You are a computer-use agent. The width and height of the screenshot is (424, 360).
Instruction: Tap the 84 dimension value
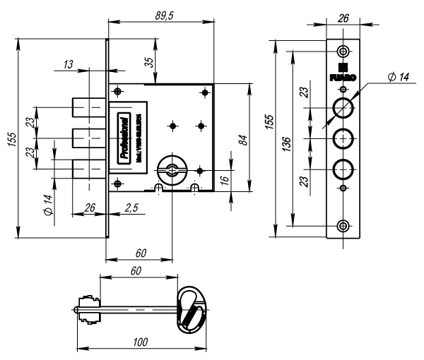click(x=242, y=139)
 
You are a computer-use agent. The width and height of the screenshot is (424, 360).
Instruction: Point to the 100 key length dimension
click(x=140, y=342)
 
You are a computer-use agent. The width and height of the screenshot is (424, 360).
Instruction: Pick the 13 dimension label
click(x=69, y=64)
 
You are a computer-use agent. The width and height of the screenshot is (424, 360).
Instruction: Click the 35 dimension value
click(x=149, y=62)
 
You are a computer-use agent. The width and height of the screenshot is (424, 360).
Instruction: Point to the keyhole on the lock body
click(x=172, y=168)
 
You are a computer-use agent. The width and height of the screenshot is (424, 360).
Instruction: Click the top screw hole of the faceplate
click(x=343, y=52)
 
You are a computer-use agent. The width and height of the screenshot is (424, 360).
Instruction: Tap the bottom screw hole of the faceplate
click(x=343, y=225)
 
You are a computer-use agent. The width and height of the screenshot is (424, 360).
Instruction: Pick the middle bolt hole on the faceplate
click(x=343, y=138)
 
